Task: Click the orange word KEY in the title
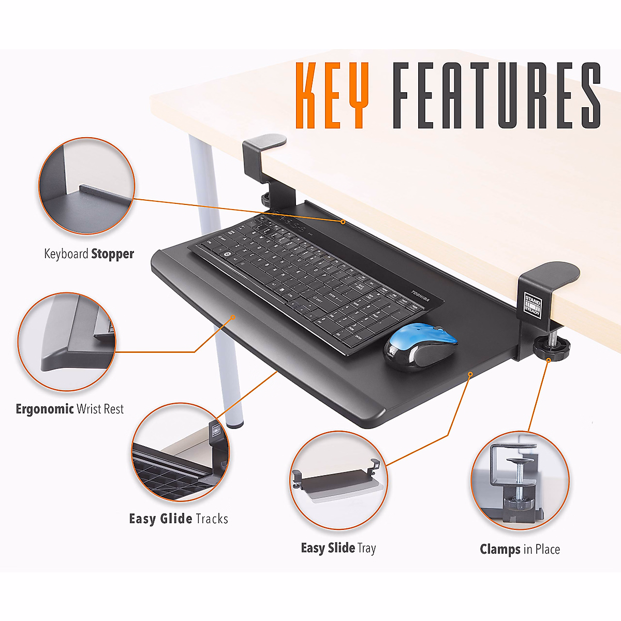[332, 96]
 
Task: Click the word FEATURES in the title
[496, 96]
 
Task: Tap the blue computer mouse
[421, 346]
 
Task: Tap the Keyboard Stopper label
[89, 254]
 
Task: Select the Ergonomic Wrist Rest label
[70, 409]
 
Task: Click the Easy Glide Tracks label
[179, 519]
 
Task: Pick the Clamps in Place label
[520, 550]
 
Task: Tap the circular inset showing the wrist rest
[67, 342]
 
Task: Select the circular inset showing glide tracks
[181, 452]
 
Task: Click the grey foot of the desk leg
[236, 424]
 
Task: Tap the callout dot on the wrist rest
[233, 317]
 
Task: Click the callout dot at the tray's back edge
[343, 221]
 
